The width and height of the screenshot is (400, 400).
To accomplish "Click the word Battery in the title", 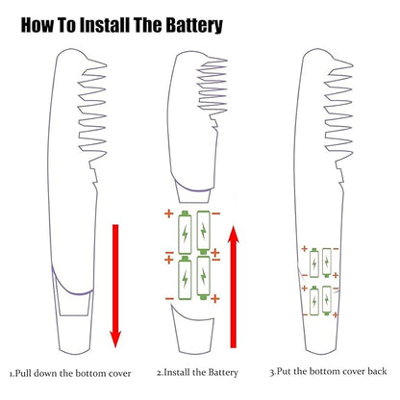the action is point(194,25).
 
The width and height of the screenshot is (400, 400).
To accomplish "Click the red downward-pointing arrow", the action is point(115,286).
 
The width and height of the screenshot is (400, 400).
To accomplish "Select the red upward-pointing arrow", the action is point(234,287).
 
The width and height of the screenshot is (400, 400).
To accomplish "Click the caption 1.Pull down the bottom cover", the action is point(70,373).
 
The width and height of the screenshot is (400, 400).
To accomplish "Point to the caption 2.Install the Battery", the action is point(197,372).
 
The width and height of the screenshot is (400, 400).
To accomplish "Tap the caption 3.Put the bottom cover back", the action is point(328,371).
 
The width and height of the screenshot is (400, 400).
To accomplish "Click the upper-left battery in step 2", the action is point(185,233).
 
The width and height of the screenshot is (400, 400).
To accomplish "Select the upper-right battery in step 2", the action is point(204,233).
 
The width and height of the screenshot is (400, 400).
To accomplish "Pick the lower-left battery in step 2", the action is point(185,278).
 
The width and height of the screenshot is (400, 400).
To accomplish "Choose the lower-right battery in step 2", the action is point(204,278).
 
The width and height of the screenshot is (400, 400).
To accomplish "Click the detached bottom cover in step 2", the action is point(193,330).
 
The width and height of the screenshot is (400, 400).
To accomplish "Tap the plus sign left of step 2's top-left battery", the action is point(169,213).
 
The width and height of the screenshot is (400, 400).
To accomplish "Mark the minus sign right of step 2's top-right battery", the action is point(216,213).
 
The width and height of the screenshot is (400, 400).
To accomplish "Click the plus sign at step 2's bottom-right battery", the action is point(215,299).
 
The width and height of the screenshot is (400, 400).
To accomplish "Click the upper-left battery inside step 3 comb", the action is point(314,263).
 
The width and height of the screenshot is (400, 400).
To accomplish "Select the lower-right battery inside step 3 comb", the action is point(327,300).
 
